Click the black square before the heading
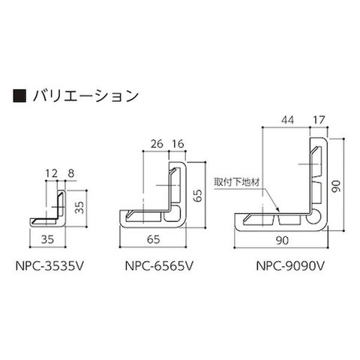(19, 95)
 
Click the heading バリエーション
(85, 95)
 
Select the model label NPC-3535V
(49, 266)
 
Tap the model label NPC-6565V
(159, 266)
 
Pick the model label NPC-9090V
(290, 266)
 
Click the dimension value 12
(52, 173)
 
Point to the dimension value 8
(71, 173)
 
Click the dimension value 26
(157, 144)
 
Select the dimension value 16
(178, 144)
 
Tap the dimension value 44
(287, 120)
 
